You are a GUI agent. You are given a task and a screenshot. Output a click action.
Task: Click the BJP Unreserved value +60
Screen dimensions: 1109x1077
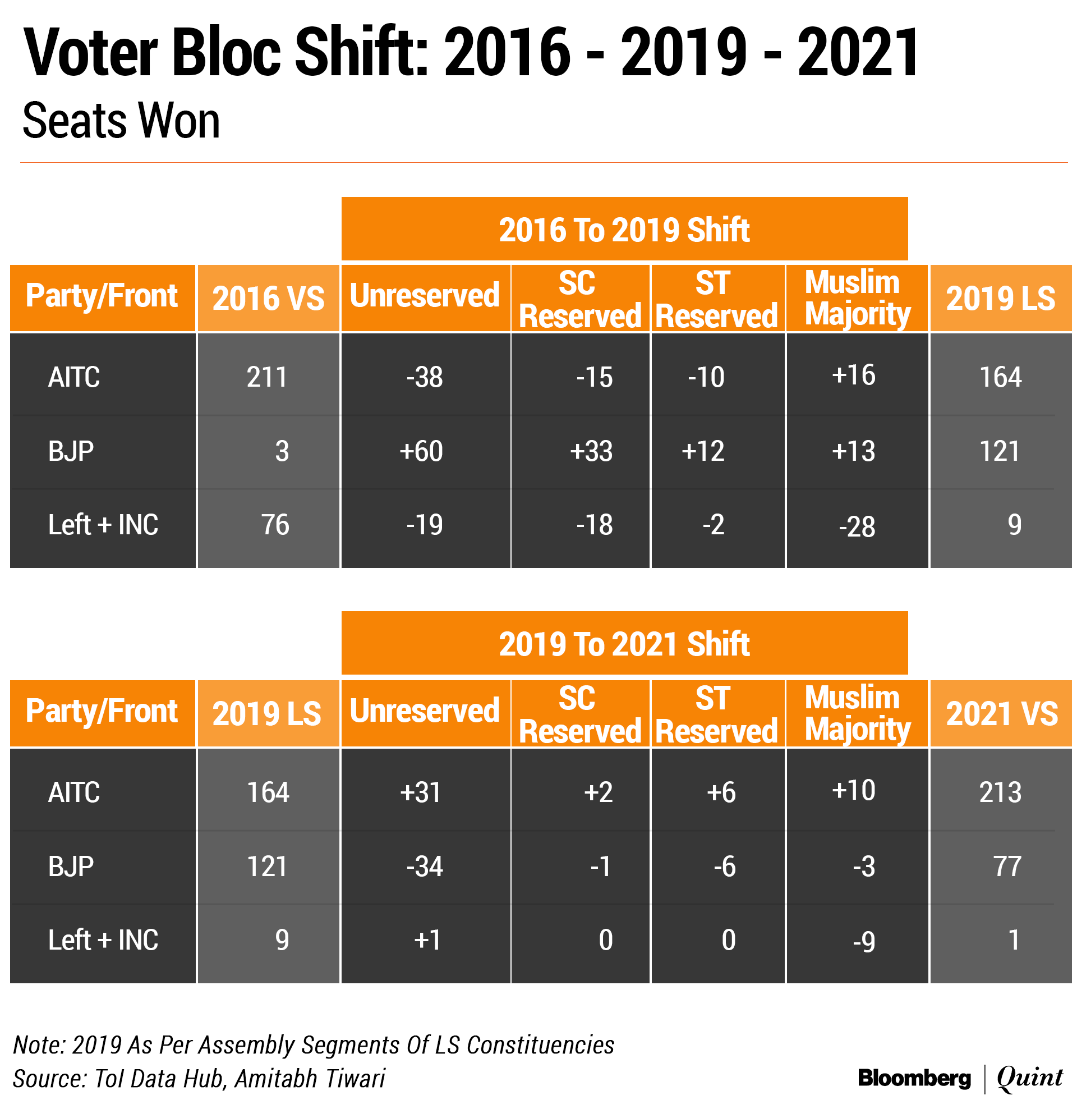(x=421, y=452)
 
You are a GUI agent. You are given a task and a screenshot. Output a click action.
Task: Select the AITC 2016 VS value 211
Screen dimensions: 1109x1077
(x=267, y=377)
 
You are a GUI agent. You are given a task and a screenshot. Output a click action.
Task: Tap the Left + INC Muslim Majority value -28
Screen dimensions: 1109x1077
(x=857, y=527)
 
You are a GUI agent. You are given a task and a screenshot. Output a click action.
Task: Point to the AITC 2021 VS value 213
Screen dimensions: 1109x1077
(x=1000, y=792)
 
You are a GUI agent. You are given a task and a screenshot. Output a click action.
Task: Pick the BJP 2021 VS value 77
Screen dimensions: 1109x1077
(x=1007, y=866)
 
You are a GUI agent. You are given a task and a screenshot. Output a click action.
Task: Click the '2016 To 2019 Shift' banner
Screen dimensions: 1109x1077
(x=624, y=230)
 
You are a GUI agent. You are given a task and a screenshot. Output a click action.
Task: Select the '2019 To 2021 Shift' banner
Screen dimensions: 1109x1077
(x=624, y=644)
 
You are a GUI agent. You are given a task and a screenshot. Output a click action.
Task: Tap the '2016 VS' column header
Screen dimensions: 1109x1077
(x=268, y=298)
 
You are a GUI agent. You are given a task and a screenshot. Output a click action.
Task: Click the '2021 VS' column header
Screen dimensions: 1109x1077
(x=1001, y=713)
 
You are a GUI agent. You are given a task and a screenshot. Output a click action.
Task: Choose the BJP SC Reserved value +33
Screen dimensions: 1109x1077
(x=591, y=452)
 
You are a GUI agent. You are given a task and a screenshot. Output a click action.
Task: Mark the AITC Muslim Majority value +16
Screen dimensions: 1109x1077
(x=854, y=375)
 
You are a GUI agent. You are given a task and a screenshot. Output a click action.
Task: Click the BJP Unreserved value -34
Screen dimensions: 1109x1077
(x=424, y=866)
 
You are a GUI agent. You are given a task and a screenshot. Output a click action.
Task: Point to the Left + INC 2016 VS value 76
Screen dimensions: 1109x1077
(x=275, y=525)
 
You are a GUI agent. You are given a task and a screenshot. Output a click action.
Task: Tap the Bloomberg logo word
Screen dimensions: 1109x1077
(x=914, y=1078)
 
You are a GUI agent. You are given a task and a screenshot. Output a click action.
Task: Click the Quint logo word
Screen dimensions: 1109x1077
(x=1029, y=1078)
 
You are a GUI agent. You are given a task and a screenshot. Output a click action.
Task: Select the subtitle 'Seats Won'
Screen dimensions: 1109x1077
(x=121, y=121)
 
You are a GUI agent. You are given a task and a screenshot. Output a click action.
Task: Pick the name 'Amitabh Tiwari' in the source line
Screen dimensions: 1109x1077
(x=310, y=1079)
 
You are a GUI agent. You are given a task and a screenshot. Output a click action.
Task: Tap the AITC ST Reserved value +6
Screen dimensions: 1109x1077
(x=721, y=792)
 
